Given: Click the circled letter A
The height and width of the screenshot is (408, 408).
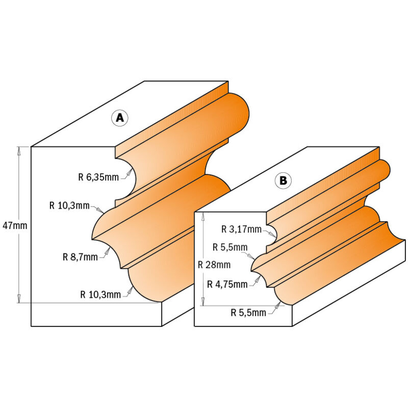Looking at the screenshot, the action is click(x=120, y=118).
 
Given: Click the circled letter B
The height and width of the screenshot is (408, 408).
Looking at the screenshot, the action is click(x=283, y=181).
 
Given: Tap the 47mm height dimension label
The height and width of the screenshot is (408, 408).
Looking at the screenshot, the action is click(x=15, y=225).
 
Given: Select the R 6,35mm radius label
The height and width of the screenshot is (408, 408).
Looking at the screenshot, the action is click(x=98, y=177).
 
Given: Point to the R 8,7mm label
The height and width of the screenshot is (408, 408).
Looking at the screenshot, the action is click(x=80, y=257).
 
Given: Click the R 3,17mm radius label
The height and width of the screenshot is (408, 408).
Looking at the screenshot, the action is click(x=241, y=229).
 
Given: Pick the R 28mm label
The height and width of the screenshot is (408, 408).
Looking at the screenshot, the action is click(x=214, y=265).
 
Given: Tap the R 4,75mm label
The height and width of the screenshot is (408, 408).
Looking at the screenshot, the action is click(x=227, y=284).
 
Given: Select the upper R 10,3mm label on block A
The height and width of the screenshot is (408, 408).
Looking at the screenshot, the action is click(x=69, y=206).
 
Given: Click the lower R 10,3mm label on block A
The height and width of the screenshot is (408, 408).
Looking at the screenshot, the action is click(x=100, y=295).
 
